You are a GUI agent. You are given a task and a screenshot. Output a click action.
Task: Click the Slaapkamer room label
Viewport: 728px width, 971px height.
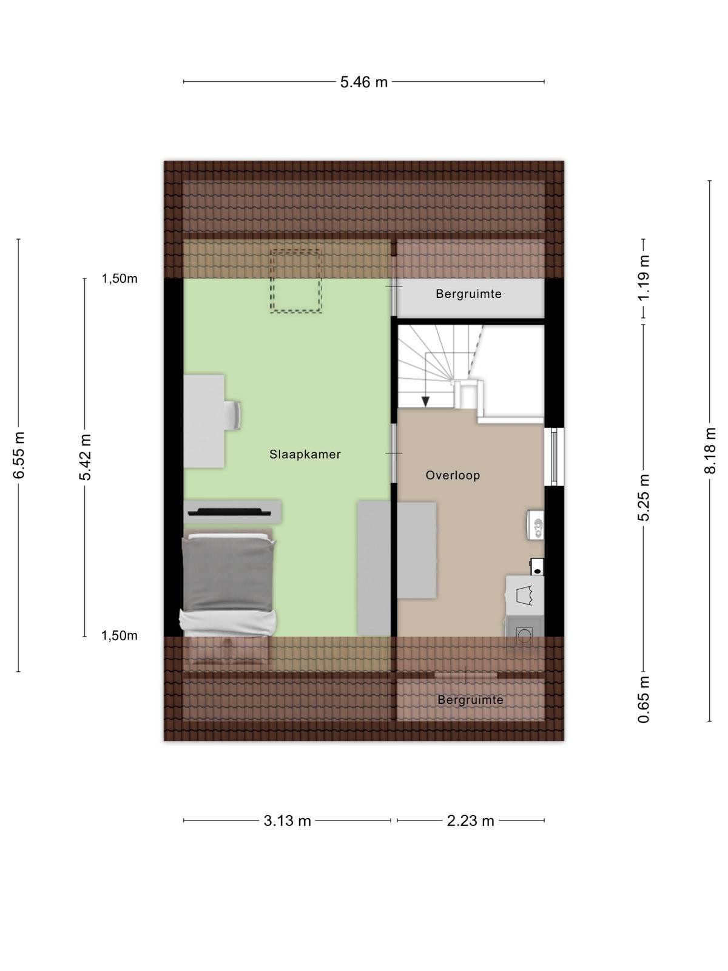coord(305,455)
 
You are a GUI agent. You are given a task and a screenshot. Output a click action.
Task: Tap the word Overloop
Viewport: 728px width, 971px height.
coord(453,475)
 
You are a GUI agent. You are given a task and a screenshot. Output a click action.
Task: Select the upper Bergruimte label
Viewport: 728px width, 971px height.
coord(468,294)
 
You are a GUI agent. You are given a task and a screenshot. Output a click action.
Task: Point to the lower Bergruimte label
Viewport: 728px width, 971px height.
coord(470,700)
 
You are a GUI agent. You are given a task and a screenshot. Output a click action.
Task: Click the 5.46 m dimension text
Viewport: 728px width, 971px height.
coord(364,82)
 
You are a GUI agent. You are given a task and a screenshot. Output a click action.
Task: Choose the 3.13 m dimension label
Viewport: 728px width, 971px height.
coord(288,821)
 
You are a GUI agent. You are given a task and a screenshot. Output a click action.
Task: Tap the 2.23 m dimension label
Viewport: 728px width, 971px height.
coord(470,821)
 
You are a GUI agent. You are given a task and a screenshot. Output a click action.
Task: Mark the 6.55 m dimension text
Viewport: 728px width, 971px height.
coord(19,455)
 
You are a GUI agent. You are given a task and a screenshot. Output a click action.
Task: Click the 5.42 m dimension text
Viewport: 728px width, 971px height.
coord(85,457)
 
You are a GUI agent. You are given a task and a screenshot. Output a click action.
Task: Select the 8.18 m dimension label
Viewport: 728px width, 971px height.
coord(709,450)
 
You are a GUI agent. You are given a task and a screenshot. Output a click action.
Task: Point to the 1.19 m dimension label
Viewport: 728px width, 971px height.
coord(644,278)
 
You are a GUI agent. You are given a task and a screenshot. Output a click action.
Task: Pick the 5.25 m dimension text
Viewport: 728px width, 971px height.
coord(644,497)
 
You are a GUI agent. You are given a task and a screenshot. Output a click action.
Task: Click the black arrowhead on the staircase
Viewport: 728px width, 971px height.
coord(425,401)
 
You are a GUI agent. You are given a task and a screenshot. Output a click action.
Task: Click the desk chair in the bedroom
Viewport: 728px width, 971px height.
coord(233,415)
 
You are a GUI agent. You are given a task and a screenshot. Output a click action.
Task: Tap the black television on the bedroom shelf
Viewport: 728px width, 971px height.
coord(229,512)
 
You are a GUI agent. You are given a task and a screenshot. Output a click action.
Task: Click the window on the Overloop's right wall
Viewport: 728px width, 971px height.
coord(554,456)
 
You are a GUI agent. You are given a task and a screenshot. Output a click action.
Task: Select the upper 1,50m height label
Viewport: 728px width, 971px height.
coord(120,279)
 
